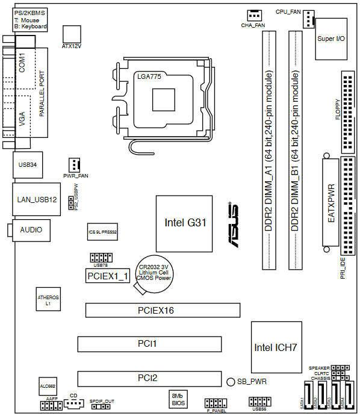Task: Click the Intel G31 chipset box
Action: click(x=184, y=224)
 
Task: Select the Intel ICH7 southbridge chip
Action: click(x=276, y=347)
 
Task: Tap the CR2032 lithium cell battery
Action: click(x=154, y=274)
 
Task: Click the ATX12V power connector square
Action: click(x=72, y=34)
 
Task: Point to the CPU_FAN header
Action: click(x=308, y=19)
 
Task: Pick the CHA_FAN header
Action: click(x=254, y=16)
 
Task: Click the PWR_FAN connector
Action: click(x=74, y=165)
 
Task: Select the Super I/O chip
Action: click(x=331, y=39)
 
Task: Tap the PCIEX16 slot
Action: click(x=163, y=310)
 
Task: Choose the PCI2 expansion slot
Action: click(x=149, y=379)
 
